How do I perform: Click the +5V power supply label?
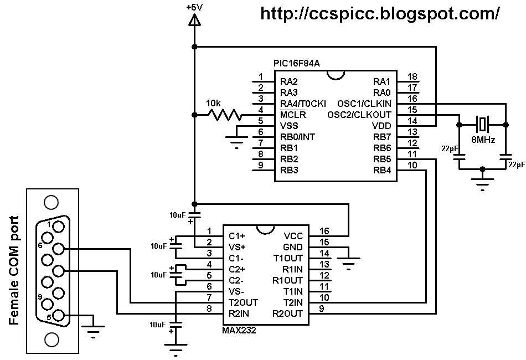click(194, 7)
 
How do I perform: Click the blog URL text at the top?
click(380, 13)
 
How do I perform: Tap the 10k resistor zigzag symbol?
click(224, 115)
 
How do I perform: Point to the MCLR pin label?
click(293, 115)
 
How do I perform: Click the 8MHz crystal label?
click(482, 140)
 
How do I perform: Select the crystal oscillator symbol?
click(482, 123)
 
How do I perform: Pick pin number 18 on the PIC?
click(412, 76)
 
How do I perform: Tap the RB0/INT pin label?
click(298, 137)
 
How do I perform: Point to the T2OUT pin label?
click(243, 302)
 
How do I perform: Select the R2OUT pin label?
click(287, 313)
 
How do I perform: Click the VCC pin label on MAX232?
click(293, 236)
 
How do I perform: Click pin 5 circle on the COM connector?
click(58, 316)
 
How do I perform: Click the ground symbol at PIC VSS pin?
click(236, 143)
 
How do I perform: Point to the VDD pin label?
click(382, 126)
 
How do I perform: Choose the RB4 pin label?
click(382, 170)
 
